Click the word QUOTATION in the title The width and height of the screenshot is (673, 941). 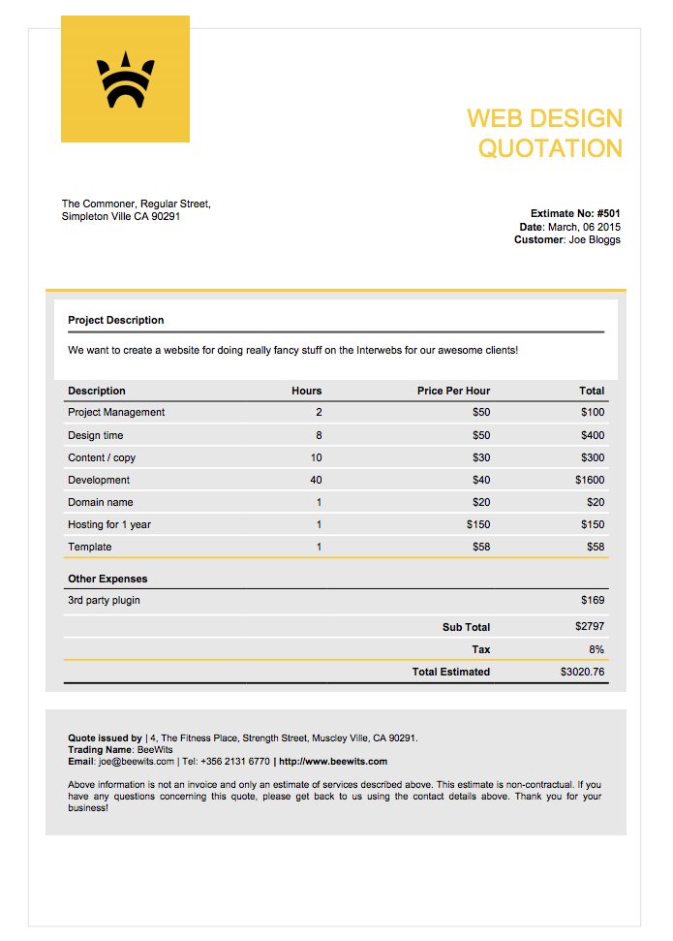[x=550, y=148]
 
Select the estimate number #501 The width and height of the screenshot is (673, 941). [x=608, y=213]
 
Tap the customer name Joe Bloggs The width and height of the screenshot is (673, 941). [x=595, y=239]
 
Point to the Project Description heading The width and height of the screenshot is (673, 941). [x=116, y=320]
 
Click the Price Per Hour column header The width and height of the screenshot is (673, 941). [x=453, y=391]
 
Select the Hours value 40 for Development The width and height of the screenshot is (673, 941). [x=316, y=480]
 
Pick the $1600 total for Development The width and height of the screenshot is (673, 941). [x=589, y=480]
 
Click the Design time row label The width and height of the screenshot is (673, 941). [x=96, y=435]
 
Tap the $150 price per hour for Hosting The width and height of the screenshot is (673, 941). [x=477, y=524]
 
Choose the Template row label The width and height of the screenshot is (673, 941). [x=90, y=547]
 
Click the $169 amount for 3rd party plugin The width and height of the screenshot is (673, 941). [x=593, y=600]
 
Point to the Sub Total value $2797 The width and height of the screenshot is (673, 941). [x=589, y=627]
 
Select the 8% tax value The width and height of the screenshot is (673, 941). [x=597, y=649]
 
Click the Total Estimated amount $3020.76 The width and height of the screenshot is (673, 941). [x=582, y=672]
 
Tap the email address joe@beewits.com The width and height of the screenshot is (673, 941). [x=136, y=761]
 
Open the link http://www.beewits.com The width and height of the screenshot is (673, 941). [x=333, y=761]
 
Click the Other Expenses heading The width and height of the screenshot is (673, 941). [x=107, y=579]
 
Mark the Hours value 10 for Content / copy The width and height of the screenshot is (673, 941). [x=316, y=457]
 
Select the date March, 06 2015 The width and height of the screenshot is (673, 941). [x=584, y=227]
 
